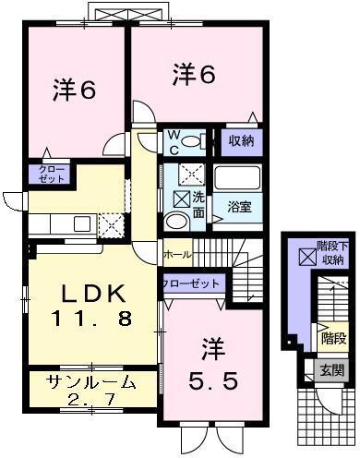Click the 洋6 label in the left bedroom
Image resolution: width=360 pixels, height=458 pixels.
[73, 90]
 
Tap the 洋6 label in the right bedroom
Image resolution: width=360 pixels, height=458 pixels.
[195, 74]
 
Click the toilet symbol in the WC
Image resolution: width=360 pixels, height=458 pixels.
[190, 141]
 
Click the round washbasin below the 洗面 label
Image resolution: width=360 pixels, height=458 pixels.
[175, 221]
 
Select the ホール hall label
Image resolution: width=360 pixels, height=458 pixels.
[177, 252]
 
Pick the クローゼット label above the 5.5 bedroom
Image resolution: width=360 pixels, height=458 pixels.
[192, 283]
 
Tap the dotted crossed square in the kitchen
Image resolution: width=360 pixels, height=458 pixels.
[109, 224]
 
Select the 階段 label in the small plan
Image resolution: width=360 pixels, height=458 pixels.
[332, 339]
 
